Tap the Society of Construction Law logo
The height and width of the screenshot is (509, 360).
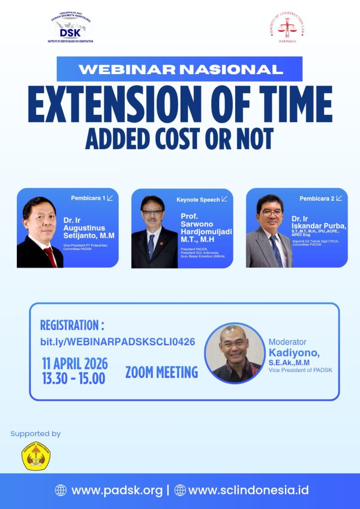click(286, 28)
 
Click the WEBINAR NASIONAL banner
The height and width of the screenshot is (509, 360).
click(180, 69)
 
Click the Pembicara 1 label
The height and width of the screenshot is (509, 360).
click(88, 198)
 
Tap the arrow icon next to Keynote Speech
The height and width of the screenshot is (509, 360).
click(224, 199)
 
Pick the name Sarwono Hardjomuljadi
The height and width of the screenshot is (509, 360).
click(205, 228)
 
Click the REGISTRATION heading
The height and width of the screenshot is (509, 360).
click(72, 326)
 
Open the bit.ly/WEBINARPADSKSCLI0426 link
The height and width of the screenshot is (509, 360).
click(117, 342)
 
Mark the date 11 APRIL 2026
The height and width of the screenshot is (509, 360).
click(75, 364)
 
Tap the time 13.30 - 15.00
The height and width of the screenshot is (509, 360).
click(74, 379)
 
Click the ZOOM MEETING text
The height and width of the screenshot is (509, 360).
click(162, 372)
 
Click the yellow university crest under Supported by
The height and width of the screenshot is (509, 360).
click(36, 456)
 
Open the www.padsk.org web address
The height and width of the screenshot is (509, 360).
click(117, 490)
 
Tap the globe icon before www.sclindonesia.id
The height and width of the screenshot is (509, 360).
click(180, 490)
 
